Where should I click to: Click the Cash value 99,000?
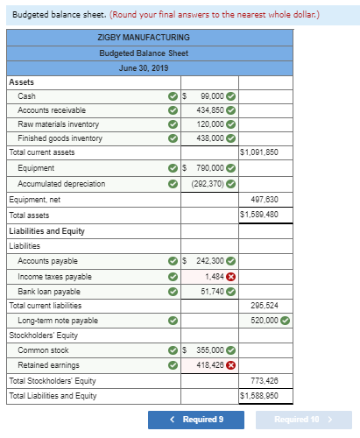[x=211, y=96]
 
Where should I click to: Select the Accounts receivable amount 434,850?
[x=209, y=110]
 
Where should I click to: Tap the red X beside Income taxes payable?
[x=231, y=277]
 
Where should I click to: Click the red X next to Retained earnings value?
[x=231, y=365]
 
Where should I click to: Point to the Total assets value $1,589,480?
[x=259, y=215]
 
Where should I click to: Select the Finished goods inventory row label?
[x=60, y=138]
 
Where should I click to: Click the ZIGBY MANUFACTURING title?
[x=144, y=37]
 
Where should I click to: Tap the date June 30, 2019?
[x=144, y=67]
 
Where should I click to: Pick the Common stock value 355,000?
[x=209, y=350]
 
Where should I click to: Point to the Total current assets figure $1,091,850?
[x=259, y=152]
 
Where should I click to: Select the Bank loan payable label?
[x=49, y=291]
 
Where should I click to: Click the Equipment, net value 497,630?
[x=265, y=199]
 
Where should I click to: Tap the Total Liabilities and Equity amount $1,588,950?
[x=259, y=396]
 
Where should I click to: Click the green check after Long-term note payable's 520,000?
[x=286, y=321]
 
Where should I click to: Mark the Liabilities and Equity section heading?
[x=46, y=231]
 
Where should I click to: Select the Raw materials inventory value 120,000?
[x=209, y=124]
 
